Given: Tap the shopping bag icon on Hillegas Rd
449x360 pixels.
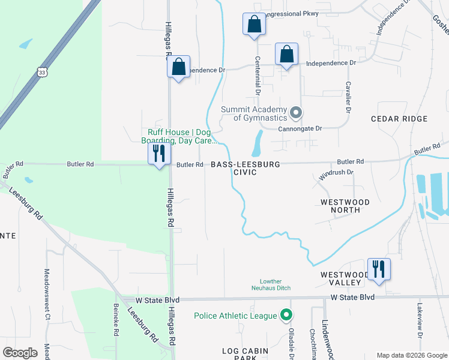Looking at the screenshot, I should tap(178, 67).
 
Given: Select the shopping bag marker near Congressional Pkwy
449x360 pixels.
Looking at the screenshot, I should tap(254, 25).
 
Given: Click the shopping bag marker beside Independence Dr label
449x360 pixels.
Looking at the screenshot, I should tap(287, 55).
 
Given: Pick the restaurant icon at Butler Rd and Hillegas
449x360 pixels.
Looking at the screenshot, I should tap(159, 153).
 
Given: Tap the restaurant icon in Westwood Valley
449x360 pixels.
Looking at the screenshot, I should tap(378, 268).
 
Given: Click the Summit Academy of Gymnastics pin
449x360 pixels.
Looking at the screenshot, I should tap(295, 113).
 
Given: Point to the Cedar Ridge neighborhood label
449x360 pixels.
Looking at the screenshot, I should tap(399, 119).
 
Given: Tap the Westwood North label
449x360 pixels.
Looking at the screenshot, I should tap(345, 206).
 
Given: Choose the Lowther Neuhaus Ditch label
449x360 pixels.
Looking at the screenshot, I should tap(271, 284).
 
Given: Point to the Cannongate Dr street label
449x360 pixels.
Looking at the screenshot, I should tap(301, 128).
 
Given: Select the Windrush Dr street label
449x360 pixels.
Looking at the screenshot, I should tap(336, 173).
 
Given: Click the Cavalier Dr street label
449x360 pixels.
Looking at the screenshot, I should tap(348, 97).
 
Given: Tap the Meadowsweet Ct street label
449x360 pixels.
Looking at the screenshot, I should tap(46, 292).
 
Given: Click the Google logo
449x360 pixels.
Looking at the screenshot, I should tap(20, 352).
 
